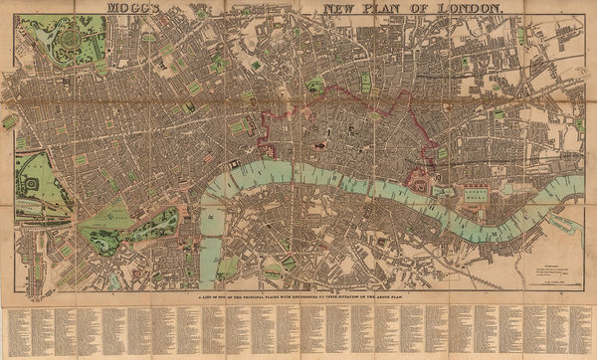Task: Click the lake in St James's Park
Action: click(x=154, y=225)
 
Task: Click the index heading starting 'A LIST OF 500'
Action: click(x=298, y=294)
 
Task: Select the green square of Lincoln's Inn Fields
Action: click(x=242, y=127)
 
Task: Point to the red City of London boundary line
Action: click(x=338, y=90)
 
